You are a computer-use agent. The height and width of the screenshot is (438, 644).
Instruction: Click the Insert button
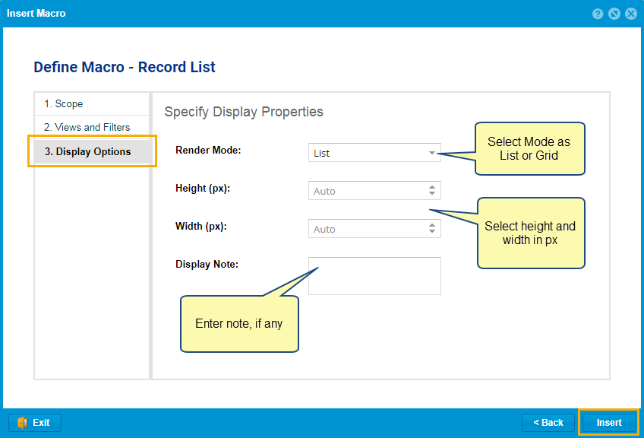pos(608,422)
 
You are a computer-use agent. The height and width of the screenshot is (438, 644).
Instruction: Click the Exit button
pos(35,422)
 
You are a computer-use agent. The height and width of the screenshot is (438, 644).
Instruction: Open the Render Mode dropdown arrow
pos(431,153)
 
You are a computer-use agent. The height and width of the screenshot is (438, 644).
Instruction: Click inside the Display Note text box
pos(374,276)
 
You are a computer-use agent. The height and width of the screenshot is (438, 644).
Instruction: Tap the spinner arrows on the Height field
pos(431,190)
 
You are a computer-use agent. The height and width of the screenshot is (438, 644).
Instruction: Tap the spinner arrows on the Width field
pos(431,228)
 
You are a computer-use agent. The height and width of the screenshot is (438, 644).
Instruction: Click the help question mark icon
pos(598,14)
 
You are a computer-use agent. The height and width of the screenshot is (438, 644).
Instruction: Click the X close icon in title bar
pos(631,14)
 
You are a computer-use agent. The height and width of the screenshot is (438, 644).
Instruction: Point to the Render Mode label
pos(208,151)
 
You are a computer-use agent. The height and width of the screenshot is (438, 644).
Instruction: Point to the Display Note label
pos(207,264)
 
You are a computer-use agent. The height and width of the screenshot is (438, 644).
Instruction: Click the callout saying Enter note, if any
pos(239,324)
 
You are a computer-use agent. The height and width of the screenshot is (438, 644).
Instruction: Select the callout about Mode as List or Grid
pos(529,148)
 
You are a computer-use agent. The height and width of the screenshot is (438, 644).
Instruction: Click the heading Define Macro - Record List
pos(125,67)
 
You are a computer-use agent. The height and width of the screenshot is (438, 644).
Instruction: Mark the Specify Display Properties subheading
pos(244,112)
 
